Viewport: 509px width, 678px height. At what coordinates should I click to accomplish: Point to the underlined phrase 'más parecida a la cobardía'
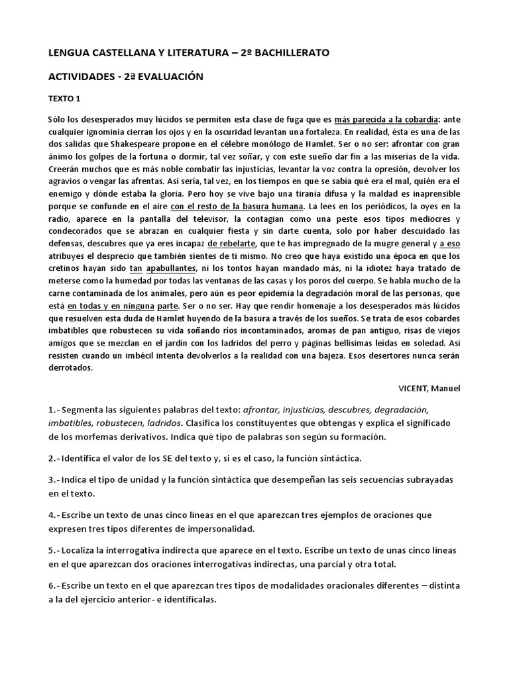[386, 119]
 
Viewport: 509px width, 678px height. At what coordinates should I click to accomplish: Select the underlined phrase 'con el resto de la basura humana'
[236, 206]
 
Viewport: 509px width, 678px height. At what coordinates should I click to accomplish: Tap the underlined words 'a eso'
[449, 243]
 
